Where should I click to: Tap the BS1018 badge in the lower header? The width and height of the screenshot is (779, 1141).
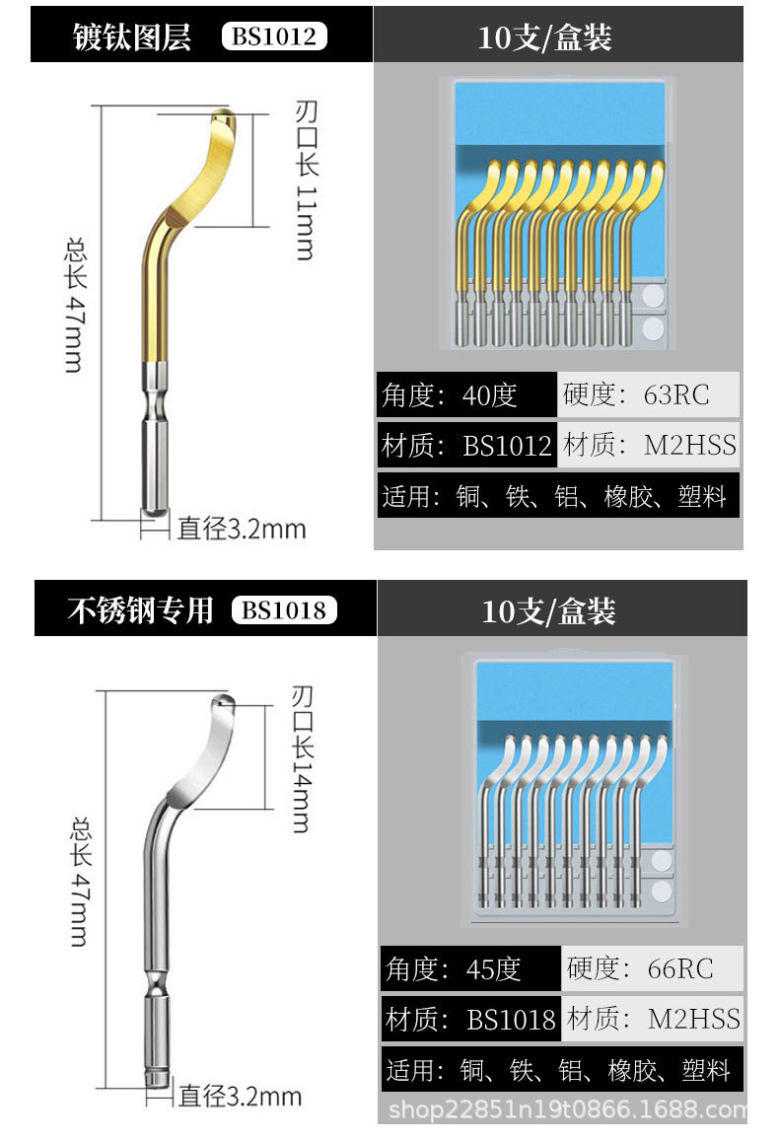tap(284, 610)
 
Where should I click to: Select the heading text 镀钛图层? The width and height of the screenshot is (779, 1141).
tap(132, 36)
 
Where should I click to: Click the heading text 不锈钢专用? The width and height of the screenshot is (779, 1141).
tap(140, 610)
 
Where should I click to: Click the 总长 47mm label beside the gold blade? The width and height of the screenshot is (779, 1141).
tap(74, 303)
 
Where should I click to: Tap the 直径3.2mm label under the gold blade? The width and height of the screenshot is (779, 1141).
tap(242, 529)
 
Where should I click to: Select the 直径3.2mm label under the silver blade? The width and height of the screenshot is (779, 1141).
tap(240, 1096)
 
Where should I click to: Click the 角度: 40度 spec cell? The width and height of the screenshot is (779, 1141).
tap(465, 395)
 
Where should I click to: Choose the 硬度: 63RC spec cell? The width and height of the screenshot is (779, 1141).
tap(648, 395)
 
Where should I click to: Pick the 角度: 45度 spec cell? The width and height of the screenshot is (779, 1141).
tap(469, 968)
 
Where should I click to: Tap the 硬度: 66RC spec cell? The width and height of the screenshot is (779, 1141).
tap(652, 968)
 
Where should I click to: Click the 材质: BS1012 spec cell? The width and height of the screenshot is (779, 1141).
tap(467, 446)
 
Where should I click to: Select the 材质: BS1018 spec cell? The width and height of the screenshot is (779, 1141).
tap(471, 1019)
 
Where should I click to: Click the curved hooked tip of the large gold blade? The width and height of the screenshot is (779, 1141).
tap(221, 122)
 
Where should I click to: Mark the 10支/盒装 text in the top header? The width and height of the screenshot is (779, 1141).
tap(544, 37)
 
